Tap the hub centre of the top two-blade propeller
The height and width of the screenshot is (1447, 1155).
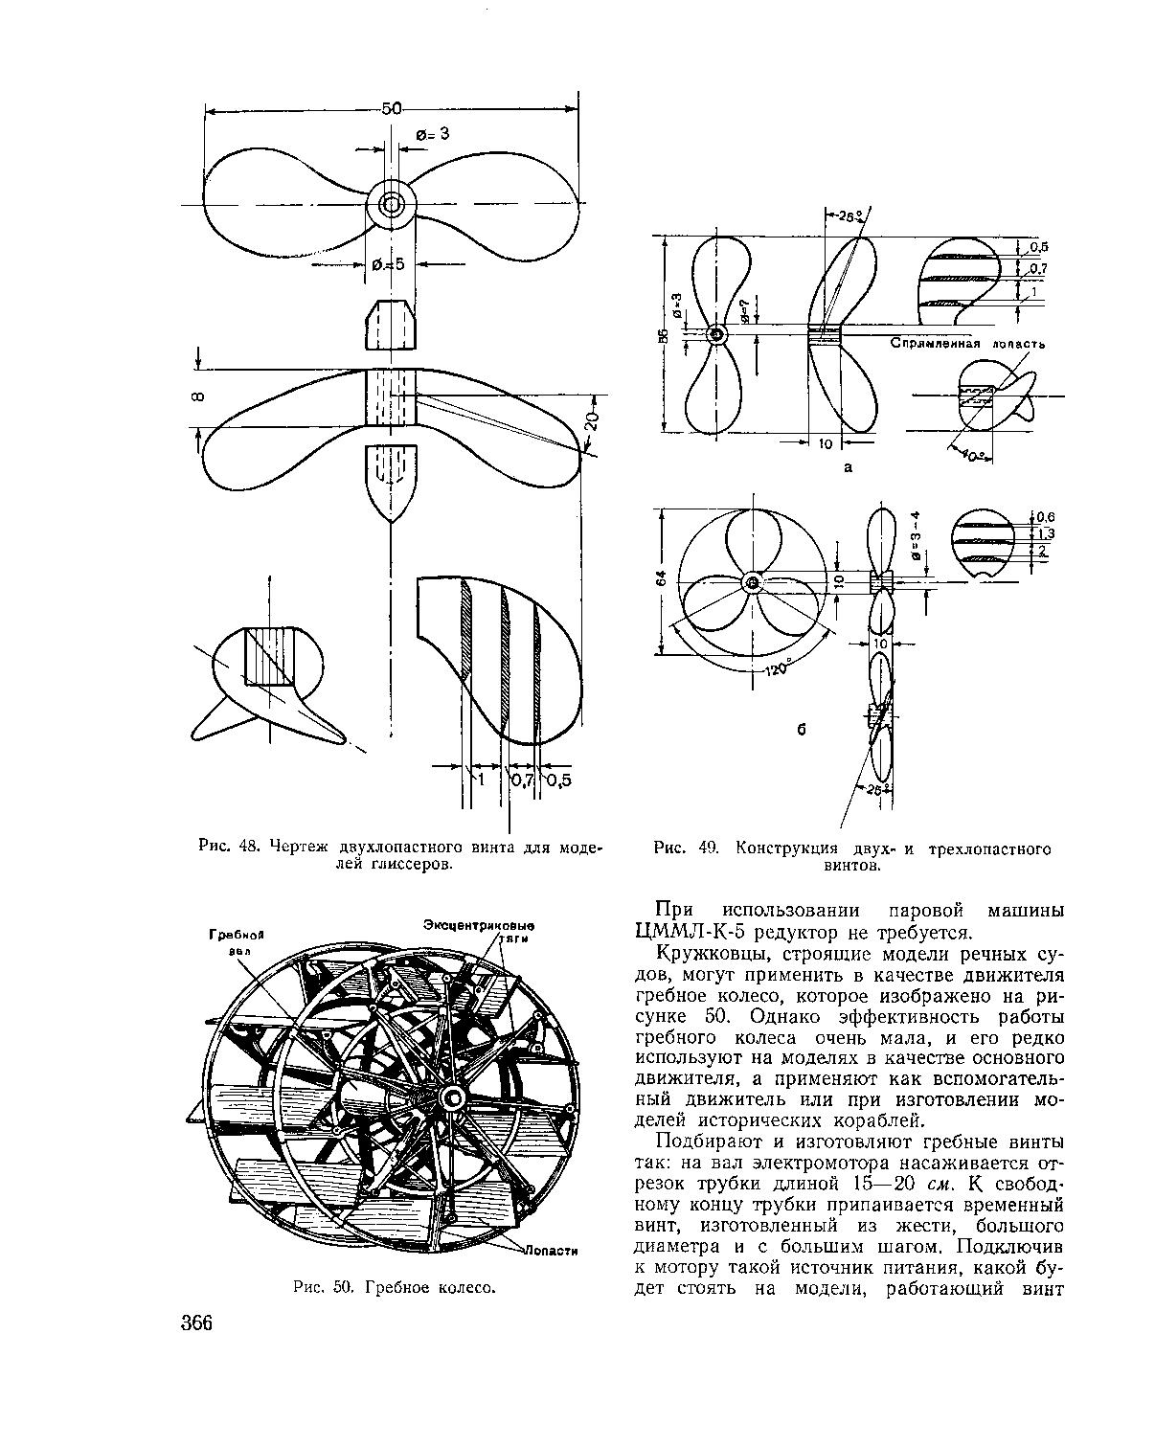[x=392, y=204]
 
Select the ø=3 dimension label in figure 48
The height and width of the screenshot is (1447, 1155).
[x=432, y=135]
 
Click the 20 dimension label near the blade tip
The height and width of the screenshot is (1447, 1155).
[x=593, y=422]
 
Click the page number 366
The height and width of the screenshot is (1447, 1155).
[x=193, y=1323]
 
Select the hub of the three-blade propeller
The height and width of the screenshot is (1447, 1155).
[x=751, y=582]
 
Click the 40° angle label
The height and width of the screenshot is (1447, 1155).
[x=975, y=458]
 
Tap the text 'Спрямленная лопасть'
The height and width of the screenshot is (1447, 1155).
[x=967, y=343]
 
